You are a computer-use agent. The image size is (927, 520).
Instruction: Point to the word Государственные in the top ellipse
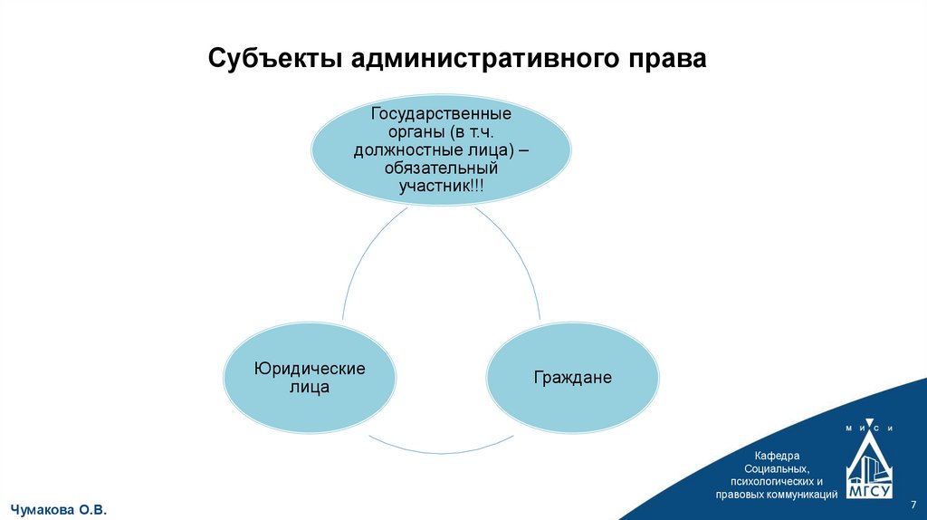[442, 116]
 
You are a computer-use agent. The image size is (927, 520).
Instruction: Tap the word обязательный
[442, 168]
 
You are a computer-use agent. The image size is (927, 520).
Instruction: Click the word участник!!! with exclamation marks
[442, 185]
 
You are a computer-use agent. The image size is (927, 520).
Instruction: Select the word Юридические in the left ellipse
[310, 369]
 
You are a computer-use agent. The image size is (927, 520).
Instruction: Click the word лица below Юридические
[311, 387]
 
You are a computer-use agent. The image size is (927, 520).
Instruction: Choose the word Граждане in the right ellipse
[572, 378]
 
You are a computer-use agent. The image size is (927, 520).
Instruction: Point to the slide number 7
[913, 504]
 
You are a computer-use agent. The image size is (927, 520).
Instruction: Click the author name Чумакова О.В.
[59, 511]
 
